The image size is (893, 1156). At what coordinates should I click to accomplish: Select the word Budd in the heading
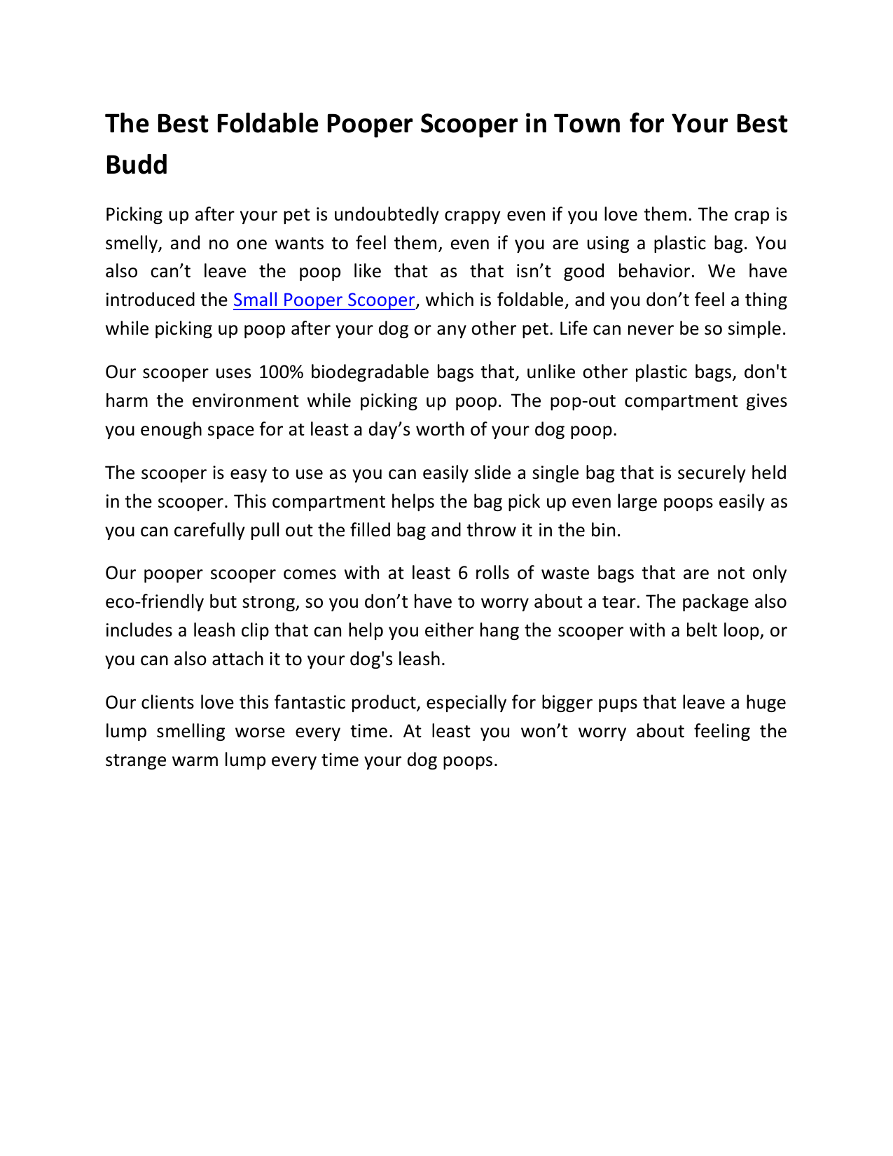[x=137, y=165]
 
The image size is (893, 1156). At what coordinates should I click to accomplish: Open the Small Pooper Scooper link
[x=324, y=300]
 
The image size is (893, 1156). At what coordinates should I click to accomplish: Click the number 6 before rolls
[x=462, y=573]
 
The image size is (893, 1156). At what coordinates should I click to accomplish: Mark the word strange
[x=136, y=760]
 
